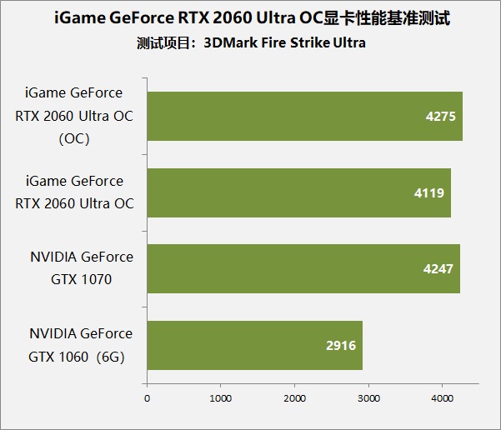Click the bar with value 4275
click(x=304, y=116)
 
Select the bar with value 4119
click(x=298, y=192)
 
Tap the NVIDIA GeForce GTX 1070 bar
click(x=303, y=269)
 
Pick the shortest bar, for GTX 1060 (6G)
click(x=254, y=345)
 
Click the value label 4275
click(x=439, y=116)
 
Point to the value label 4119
click(x=428, y=192)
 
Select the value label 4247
click(x=438, y=269)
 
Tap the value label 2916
click(x=340, y=345)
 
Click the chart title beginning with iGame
click(x=250, y=17)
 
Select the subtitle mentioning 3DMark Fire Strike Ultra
click(x=250, y=42)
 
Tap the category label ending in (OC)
click(x=73, y=116)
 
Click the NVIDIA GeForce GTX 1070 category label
click(x=80, y=268)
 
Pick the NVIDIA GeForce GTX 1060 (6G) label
click(x=80, y=344)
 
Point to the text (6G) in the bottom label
click(x=115, y=355)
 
